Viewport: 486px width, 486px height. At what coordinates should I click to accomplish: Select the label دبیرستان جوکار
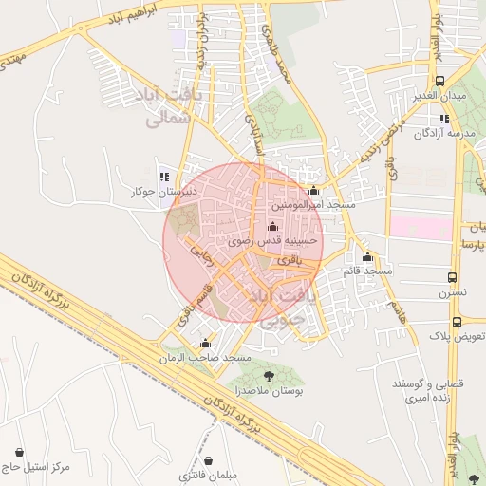[163, 192]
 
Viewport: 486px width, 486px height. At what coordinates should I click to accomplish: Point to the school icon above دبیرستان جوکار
[164, 177]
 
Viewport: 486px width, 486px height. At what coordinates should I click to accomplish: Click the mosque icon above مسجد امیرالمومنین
[314, 191]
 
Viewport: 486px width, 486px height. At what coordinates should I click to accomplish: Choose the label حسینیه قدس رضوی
[273, 242]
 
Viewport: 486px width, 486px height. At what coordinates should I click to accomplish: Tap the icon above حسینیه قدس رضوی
[273, 227]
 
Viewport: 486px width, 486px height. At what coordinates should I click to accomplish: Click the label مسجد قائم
[368, 271]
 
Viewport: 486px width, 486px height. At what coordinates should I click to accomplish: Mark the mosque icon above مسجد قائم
[368, 257]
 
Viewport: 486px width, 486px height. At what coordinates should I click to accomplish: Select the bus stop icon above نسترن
[452, 278]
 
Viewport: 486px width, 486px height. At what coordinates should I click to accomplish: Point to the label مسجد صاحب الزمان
[206, 358]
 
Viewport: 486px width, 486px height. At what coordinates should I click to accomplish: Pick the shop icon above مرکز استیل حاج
[20, 452]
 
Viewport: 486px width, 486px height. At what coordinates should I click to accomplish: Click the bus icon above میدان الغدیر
[439, 82]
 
